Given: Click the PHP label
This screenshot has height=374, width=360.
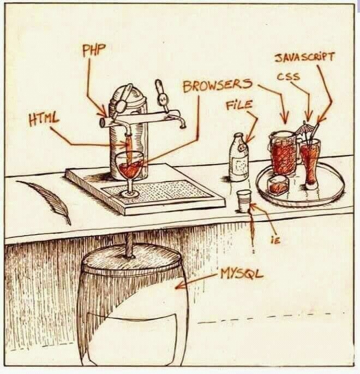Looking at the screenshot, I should (x=93, y=50).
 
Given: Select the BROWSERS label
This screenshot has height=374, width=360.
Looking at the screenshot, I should (x=217, y=86).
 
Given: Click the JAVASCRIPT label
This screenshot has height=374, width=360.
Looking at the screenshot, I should (x=303, y=58).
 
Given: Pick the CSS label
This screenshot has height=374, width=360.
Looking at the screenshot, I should (x=287, y=76).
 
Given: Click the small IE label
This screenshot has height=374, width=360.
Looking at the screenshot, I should (x=275, y=240).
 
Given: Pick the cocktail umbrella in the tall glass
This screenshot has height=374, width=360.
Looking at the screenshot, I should (x=302, y=129).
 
